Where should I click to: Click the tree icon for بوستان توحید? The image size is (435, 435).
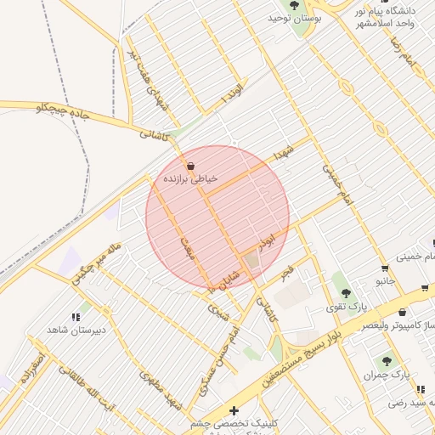[294, 4]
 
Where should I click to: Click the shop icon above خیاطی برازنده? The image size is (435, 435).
[189, 166]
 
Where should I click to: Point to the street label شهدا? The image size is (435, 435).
[282, 153]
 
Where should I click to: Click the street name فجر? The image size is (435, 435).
[288, 274]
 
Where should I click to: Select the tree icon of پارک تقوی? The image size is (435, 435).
[344, 291]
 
